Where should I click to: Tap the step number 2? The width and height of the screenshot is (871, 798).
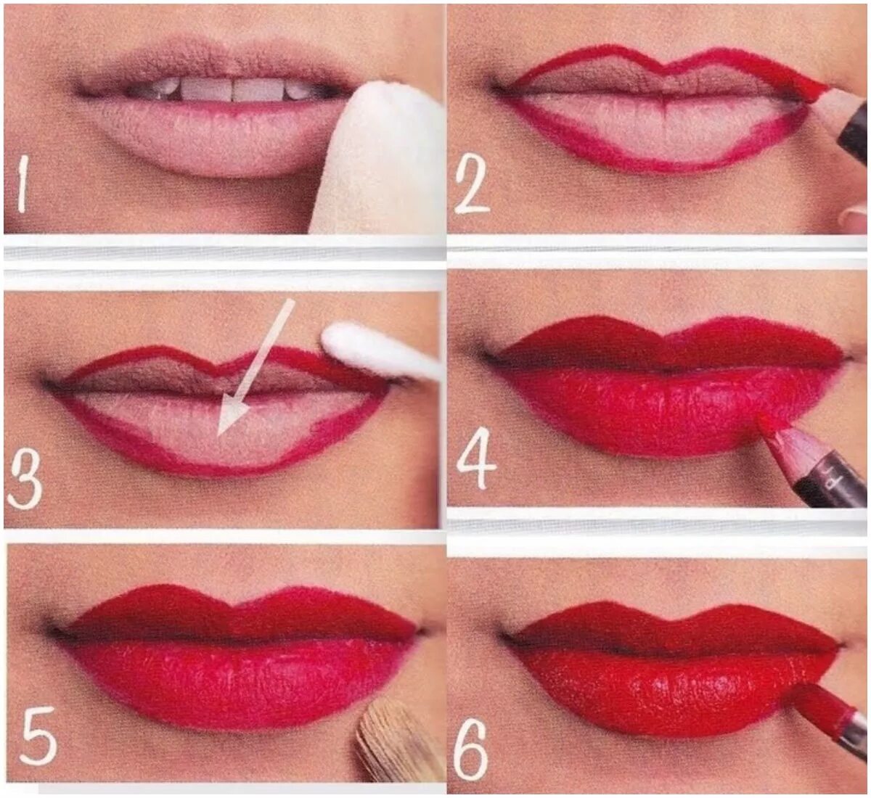472,187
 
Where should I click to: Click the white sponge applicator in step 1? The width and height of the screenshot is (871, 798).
373,160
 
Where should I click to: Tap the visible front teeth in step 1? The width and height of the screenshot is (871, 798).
232,89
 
